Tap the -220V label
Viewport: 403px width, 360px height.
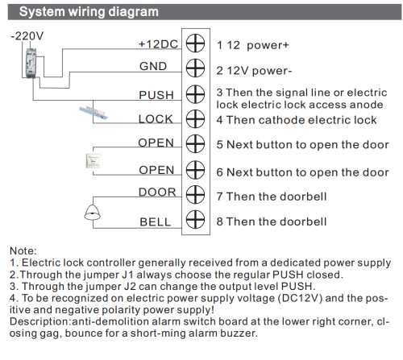coord(26,37)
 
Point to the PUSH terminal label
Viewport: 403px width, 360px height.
coord(156,95)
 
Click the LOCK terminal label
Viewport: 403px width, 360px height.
coord(156,119)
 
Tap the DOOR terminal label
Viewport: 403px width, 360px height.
coord(156,192)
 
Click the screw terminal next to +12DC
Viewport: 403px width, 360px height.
coord(193,44)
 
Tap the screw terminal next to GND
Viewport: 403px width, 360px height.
coord(193,68)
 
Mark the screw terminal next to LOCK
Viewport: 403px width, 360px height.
coord(193,119)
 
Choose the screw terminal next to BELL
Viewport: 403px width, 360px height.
coord(193,218)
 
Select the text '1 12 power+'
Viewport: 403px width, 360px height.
coord(253,44)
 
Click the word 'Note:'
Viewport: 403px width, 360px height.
coord(23,250)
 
